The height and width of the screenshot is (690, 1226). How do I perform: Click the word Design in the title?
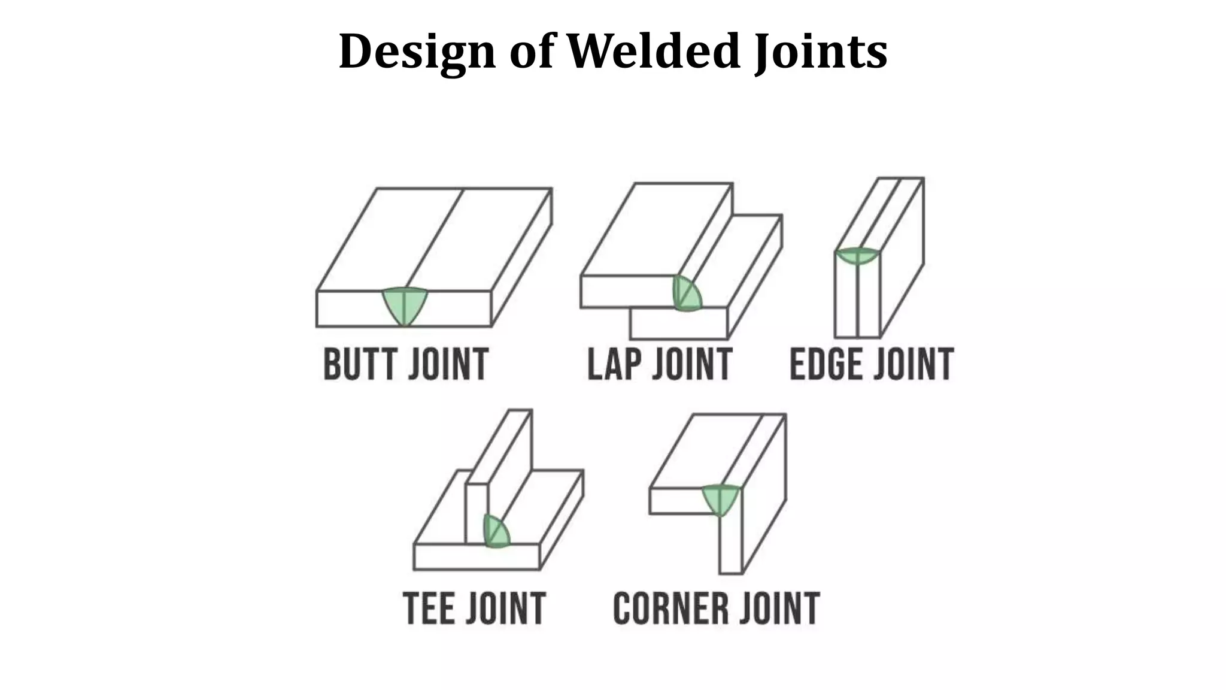pos(417,52)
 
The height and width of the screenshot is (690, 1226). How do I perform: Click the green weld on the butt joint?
pos(405,305)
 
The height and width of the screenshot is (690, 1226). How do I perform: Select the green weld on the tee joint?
pos(496,532)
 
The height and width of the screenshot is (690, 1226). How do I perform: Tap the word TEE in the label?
pos(429,608)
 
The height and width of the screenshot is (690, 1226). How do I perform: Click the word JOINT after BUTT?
pos(448,364)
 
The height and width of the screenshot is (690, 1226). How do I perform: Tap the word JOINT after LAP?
pos(691,364)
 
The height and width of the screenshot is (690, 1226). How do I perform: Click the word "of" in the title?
pos(531,51)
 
